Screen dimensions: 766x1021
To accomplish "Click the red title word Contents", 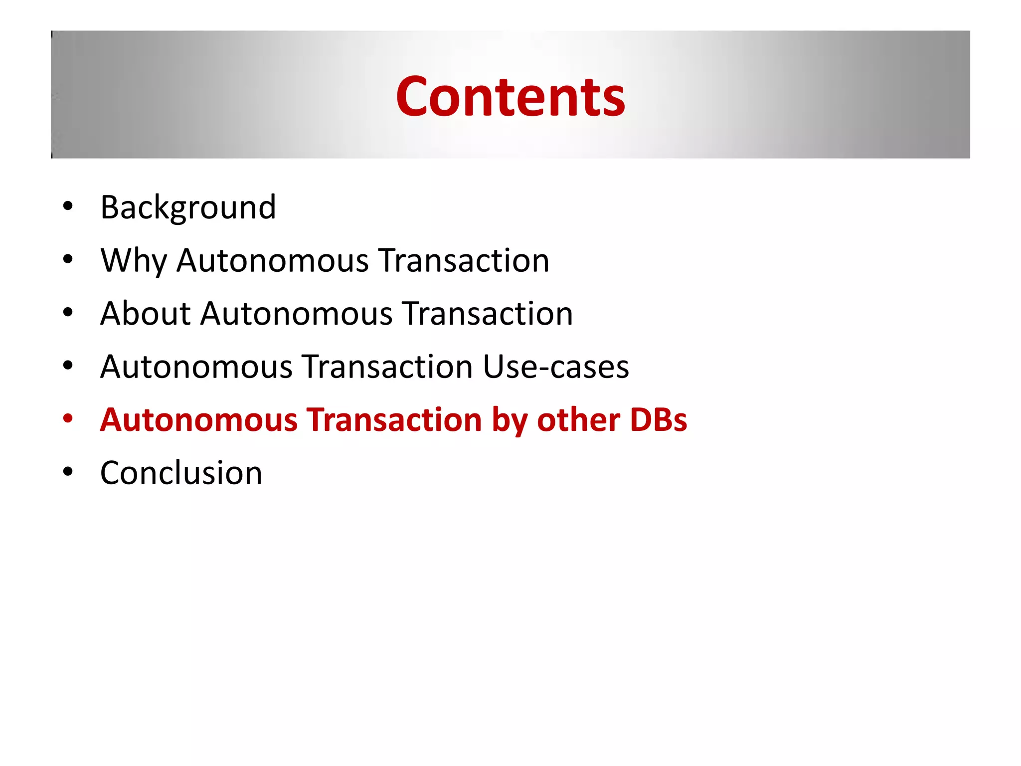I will point(510,97).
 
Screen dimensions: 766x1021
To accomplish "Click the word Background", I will point(188,207).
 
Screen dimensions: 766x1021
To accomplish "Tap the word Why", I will point(134,261).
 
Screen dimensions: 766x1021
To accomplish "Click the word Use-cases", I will point(555,367).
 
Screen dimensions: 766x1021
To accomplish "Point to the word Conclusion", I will point(181,473).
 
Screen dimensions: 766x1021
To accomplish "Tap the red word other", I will point(578,419).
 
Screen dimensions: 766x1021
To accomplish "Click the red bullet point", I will point(68,418).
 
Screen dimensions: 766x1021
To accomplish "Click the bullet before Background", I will point(68,206).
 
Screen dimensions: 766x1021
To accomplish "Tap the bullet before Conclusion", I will point(68,471).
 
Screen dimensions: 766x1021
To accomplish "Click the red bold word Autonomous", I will point(198,419).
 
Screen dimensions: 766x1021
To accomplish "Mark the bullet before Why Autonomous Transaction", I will point(68,259).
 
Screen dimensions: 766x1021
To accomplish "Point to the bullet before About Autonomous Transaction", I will point(68,312).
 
